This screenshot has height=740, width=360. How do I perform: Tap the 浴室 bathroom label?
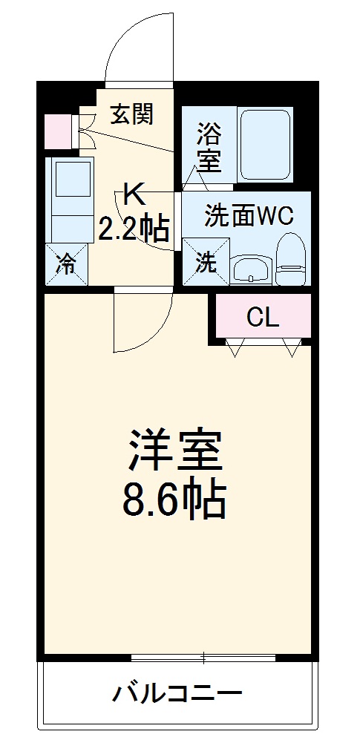click(x=209, y=148)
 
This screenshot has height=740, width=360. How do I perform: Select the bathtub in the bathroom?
click(x=265, y=144)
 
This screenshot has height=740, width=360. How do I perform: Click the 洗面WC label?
click(x=249, y=217)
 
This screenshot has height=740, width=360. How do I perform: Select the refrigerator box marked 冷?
click(x=67, y=263)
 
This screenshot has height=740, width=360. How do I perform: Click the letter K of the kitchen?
click(x=134, y=195)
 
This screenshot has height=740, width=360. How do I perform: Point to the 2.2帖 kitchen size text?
click(x=134, y=229)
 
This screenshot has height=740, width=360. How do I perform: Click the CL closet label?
click(x=263, y=318)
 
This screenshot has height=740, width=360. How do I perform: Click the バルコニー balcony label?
click(x=177, y=695)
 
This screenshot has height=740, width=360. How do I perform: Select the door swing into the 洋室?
click(x=140, y=323)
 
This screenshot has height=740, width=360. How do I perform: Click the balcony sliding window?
click(x=203, y=658)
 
